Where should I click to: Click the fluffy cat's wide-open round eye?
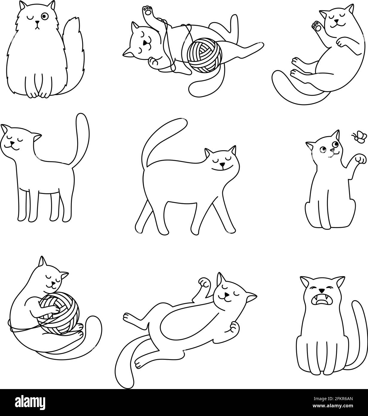44,16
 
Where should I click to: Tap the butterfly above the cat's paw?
357,137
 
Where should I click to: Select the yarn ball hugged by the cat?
59,314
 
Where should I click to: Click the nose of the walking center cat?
222,165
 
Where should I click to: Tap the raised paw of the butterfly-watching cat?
361,159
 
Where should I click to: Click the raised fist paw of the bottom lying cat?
204,282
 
